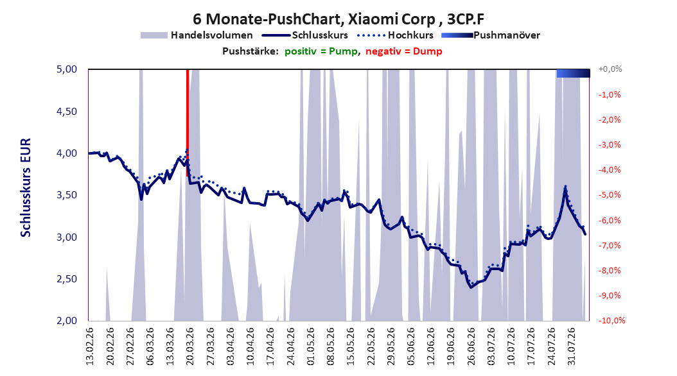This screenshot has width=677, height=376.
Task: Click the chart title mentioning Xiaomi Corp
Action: coord(338,19)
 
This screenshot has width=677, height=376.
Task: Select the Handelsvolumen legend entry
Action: coord(197,35)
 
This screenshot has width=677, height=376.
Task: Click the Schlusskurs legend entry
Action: coord(305,35)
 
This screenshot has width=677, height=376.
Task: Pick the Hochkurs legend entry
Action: coord(395,35)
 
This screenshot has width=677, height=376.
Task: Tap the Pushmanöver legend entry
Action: coord(491,35)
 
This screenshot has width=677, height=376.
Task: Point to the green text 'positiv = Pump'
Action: coord(321,51)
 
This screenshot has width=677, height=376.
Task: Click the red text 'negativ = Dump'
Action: coord(404,51)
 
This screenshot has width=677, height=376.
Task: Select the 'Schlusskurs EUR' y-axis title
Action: coord(26,187)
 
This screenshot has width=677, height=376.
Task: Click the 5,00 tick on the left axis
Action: coord(67,69)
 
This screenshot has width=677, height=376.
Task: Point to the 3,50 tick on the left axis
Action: coord(67,195)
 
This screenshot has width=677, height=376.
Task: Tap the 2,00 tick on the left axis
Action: coord(67,320)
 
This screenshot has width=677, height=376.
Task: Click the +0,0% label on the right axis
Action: coord(610,69)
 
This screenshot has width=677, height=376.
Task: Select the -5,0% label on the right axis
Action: coord(610,195)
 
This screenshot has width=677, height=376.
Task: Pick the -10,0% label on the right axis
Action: coord(611,320)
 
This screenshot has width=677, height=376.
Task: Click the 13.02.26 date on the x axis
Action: coord(90,346)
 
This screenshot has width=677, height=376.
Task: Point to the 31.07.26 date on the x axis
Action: coord(572,346)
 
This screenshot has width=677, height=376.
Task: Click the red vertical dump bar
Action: coord(188,123)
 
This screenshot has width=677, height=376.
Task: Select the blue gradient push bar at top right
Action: coord(574,73)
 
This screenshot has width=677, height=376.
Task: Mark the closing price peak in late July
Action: coord(565,189)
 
